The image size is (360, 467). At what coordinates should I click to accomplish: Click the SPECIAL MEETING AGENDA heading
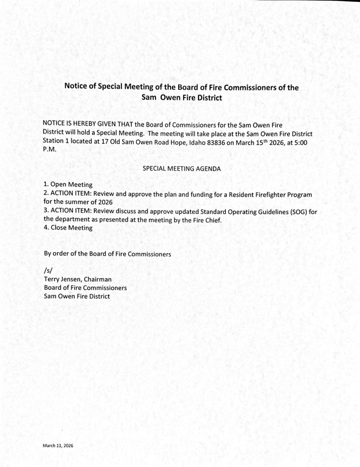pos(182,168)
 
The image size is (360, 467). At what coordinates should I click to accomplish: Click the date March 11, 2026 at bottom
pos(58,445)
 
